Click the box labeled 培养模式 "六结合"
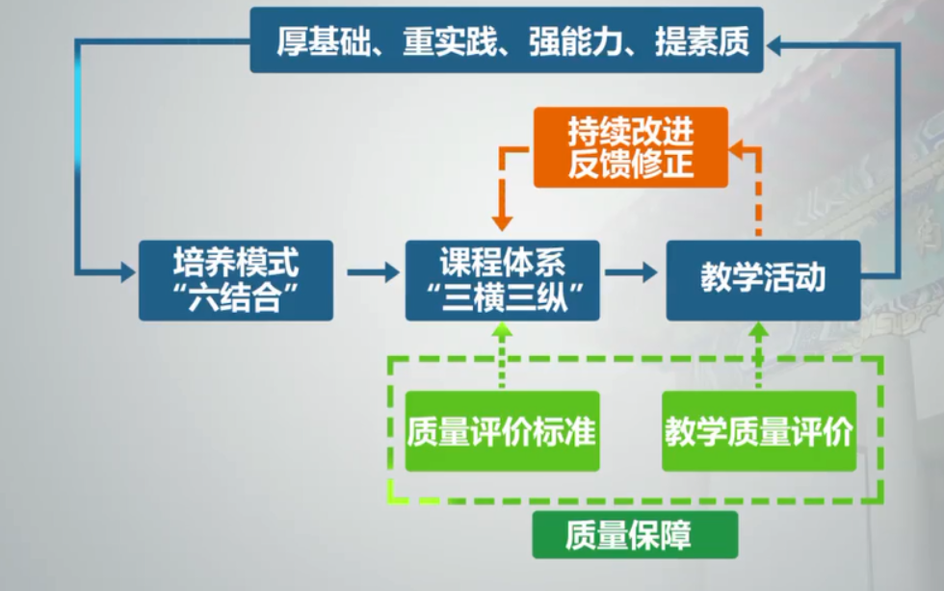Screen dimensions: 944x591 (236, 280)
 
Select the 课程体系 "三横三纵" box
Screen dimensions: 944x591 (503, 280)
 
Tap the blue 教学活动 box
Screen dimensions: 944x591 (763, 280)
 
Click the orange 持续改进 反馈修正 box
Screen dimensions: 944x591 (631, 147)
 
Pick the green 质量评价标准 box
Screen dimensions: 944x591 (503, 431)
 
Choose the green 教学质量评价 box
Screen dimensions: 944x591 (759, 431)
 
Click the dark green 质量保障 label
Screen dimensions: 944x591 (635, 535)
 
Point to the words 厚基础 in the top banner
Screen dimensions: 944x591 (324, 41)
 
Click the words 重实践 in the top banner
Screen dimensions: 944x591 (451, 41)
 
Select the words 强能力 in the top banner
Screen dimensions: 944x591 (576, 41)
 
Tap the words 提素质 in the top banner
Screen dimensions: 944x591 (702, 41)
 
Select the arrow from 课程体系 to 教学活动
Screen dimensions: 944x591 (631, 272)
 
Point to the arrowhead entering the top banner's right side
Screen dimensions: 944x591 (774, 45)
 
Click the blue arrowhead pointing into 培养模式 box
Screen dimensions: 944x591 (127, 272)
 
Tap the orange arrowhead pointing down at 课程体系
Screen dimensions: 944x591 (502, 223)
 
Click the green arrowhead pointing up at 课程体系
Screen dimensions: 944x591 (502, 329)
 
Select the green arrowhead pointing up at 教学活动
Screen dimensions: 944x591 (759, 329)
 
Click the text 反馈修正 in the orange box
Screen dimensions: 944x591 (631, 164)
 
